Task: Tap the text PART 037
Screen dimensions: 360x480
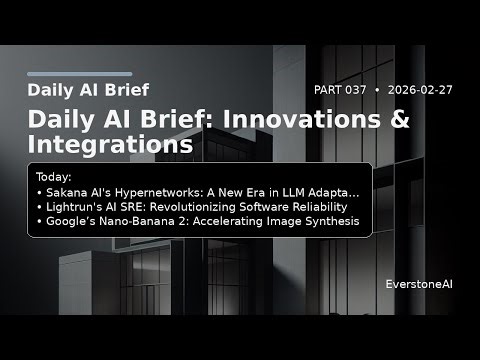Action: coord(340,90)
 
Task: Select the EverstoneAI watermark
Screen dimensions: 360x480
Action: coord(419,285)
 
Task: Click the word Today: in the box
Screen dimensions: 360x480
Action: coord(54,176)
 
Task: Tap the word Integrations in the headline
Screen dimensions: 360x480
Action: coord(110,145)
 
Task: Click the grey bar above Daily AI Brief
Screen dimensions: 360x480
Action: coord(79,73)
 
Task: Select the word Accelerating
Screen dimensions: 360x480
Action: coord(217,221)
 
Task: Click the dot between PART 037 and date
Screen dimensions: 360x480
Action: coord(377,90)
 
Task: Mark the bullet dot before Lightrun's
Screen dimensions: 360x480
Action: coord(38,206)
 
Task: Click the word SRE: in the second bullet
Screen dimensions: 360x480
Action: coord(125,206)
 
